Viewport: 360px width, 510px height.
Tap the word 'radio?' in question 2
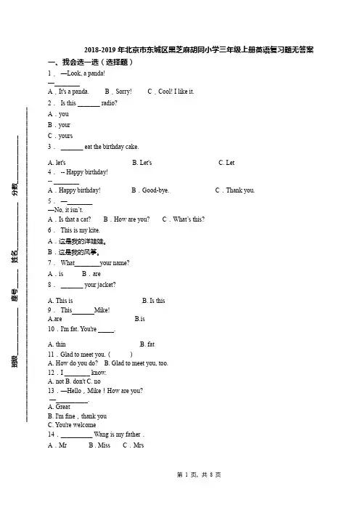[x=109, y=103]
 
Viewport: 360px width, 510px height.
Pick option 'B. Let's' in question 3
[x=142, y=162]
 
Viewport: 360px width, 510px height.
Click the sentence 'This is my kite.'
[x=81, y=230]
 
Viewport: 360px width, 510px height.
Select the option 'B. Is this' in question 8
[x=154, y=301]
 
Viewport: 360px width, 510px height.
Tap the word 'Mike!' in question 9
[x=102, y=310]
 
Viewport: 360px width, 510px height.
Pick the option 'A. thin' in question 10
[x=57, y=344]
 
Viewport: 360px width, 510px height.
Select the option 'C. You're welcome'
[x=72, y=425]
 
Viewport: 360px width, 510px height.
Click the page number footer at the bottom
[x=199, y=475]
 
